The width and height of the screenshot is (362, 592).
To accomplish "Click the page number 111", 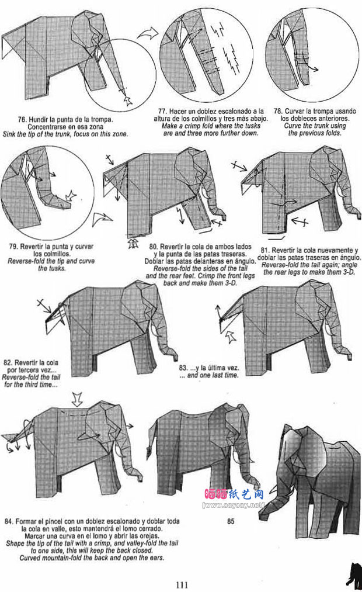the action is coord(182,584).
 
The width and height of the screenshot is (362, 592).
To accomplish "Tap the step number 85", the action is coord(231,521).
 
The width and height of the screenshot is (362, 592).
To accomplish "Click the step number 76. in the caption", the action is coord(22,120).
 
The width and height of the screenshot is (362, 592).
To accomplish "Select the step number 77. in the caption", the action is coord(162,112).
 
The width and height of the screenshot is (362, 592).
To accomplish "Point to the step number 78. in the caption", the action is coord(279,112).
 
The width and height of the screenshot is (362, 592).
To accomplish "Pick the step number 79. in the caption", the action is coord(13,247).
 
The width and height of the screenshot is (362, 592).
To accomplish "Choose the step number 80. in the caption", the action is coord(154,247).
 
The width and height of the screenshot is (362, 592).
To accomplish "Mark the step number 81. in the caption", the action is coord(266,250).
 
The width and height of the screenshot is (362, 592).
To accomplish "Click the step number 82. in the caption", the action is coord(8,363).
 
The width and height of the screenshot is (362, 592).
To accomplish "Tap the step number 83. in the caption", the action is coord(184,368).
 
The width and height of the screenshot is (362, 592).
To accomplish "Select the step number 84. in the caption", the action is coord(9,521).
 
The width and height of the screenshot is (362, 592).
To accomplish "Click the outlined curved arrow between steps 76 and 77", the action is coord(148,33).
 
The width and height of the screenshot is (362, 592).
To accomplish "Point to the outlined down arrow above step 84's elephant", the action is coord(77,399).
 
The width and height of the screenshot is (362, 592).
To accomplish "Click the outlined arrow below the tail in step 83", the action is coord(230,337).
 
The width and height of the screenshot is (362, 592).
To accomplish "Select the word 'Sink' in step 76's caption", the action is coord(9,134).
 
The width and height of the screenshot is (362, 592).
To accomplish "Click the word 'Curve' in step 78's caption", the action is coord(293,126).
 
